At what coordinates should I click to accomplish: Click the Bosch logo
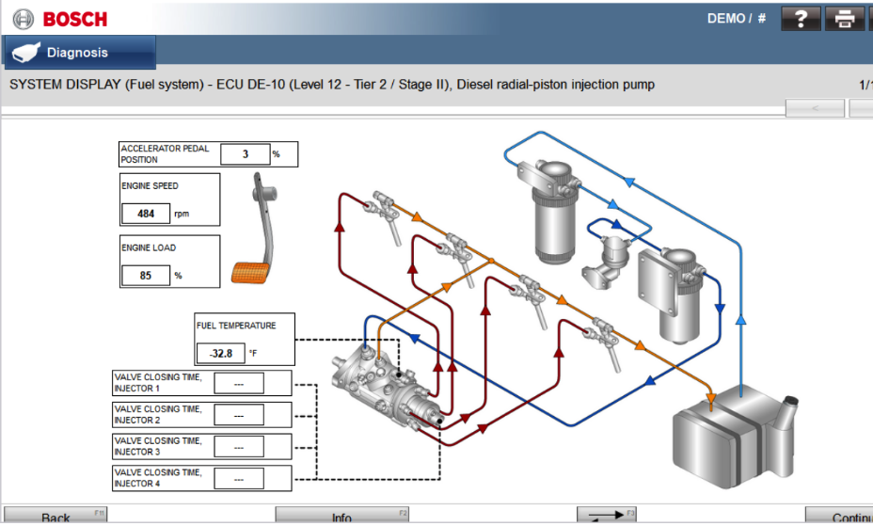pyautogui.click(x=60, y=18)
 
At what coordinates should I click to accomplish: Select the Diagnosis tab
pyautogui.click(x=79, y=53)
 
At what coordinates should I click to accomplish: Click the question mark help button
pyautogui.click(x=802, y=18)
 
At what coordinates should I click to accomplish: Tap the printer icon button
pyautogui.click(x=844, y=18)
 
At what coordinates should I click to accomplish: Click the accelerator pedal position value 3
pyautogui.click(x=245, y=154)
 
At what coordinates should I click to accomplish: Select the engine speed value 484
pyautogui.click(x=146, y=214)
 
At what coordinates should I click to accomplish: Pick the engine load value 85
pyautogui.click(x=146, y=276)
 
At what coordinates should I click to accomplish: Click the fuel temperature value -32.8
pyautogui.click(x=220, y=354)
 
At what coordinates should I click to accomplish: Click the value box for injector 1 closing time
pyautogui.click(x=239, y=383)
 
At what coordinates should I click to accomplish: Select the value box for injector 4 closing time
pyautogui.click(x=239, y=478)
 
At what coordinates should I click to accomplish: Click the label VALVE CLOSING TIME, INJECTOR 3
pyautogui.click(x=158, y=446)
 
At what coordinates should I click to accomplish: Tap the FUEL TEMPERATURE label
pyautogui.click(x=236, y=326)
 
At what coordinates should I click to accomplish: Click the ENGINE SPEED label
pyautogui.click(x=150, y=186)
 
